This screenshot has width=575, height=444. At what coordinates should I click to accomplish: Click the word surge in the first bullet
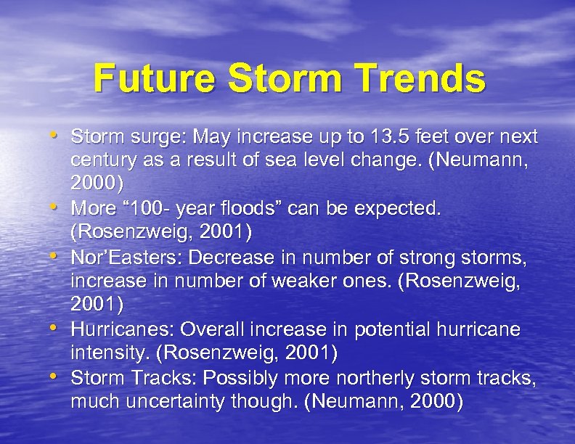tap(147, 136)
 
